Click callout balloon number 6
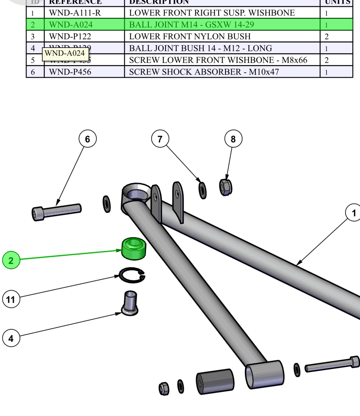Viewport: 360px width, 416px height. tap(88, 139)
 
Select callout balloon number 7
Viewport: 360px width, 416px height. tap(160, 139)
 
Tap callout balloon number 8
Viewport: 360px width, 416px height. tap(233, 139)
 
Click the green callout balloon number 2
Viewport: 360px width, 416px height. tap(11, 260)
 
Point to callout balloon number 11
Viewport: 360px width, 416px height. tap(11, 299)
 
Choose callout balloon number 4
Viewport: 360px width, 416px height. tap(11, 338)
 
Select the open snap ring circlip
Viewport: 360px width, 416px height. tap(132, 275)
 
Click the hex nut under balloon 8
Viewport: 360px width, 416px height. tap(226, 187)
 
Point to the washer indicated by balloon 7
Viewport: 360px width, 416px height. tap(203, 190)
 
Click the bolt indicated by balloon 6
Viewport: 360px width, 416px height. tap(56, 212)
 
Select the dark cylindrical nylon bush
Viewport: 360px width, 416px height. tap(215, 381)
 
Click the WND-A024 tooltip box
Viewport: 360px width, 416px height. tap(65, 54)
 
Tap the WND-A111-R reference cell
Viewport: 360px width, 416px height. tap(75, 13)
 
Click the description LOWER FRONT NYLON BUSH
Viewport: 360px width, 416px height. tap(190, 36)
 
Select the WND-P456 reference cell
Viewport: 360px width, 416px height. tap(70, 72)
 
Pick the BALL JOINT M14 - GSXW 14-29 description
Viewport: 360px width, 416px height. tap(192, 25)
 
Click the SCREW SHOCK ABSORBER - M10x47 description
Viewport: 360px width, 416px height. tap(204, 72)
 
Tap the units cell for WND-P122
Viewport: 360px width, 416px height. tap(327, 37)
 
